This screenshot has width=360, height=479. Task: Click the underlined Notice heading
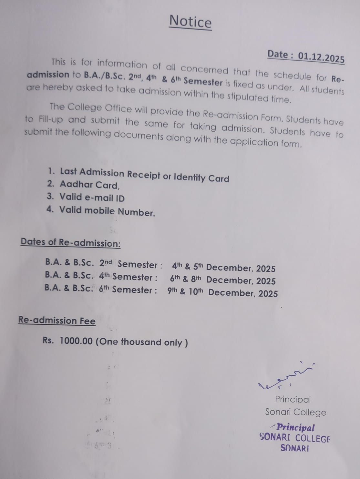190,22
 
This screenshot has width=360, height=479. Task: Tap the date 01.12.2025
321,57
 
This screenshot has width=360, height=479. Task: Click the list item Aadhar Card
89,185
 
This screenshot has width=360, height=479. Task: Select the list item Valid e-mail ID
92,197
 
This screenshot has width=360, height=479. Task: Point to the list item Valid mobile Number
107,211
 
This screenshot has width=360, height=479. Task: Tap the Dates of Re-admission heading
70,242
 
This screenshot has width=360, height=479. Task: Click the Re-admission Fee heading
57,321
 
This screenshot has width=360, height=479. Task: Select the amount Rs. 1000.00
68,341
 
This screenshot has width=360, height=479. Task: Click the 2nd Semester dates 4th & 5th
187,267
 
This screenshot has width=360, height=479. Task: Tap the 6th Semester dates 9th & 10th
185,291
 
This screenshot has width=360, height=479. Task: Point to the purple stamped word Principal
295,428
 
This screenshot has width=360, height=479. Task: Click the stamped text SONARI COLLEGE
295,438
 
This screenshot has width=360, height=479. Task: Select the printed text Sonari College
295,412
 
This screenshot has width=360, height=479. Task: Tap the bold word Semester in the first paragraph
203,82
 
